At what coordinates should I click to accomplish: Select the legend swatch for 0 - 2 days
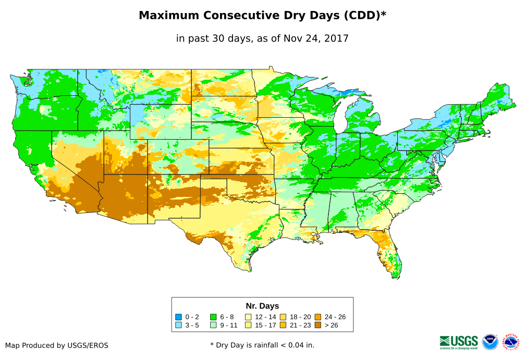click(178, 317)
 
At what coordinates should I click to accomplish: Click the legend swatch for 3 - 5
click(178, 325)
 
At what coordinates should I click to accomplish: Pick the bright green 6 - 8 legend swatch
click(213, 317)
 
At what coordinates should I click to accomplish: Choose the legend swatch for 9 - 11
click(213, 325)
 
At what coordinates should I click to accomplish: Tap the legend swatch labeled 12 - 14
click(248, 317)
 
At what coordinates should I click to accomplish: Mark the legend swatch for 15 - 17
click(248, 325)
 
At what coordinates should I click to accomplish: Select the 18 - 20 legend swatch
click(283, 317)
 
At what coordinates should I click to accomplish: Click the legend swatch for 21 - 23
click(283, 325)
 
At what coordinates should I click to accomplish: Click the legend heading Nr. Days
click(262, 306)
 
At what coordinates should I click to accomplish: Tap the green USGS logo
click(459, 342)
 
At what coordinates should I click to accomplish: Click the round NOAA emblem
click(490, 342)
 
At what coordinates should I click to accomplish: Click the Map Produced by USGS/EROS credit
click(57, 345)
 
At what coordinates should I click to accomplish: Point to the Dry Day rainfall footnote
click(262, 345)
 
